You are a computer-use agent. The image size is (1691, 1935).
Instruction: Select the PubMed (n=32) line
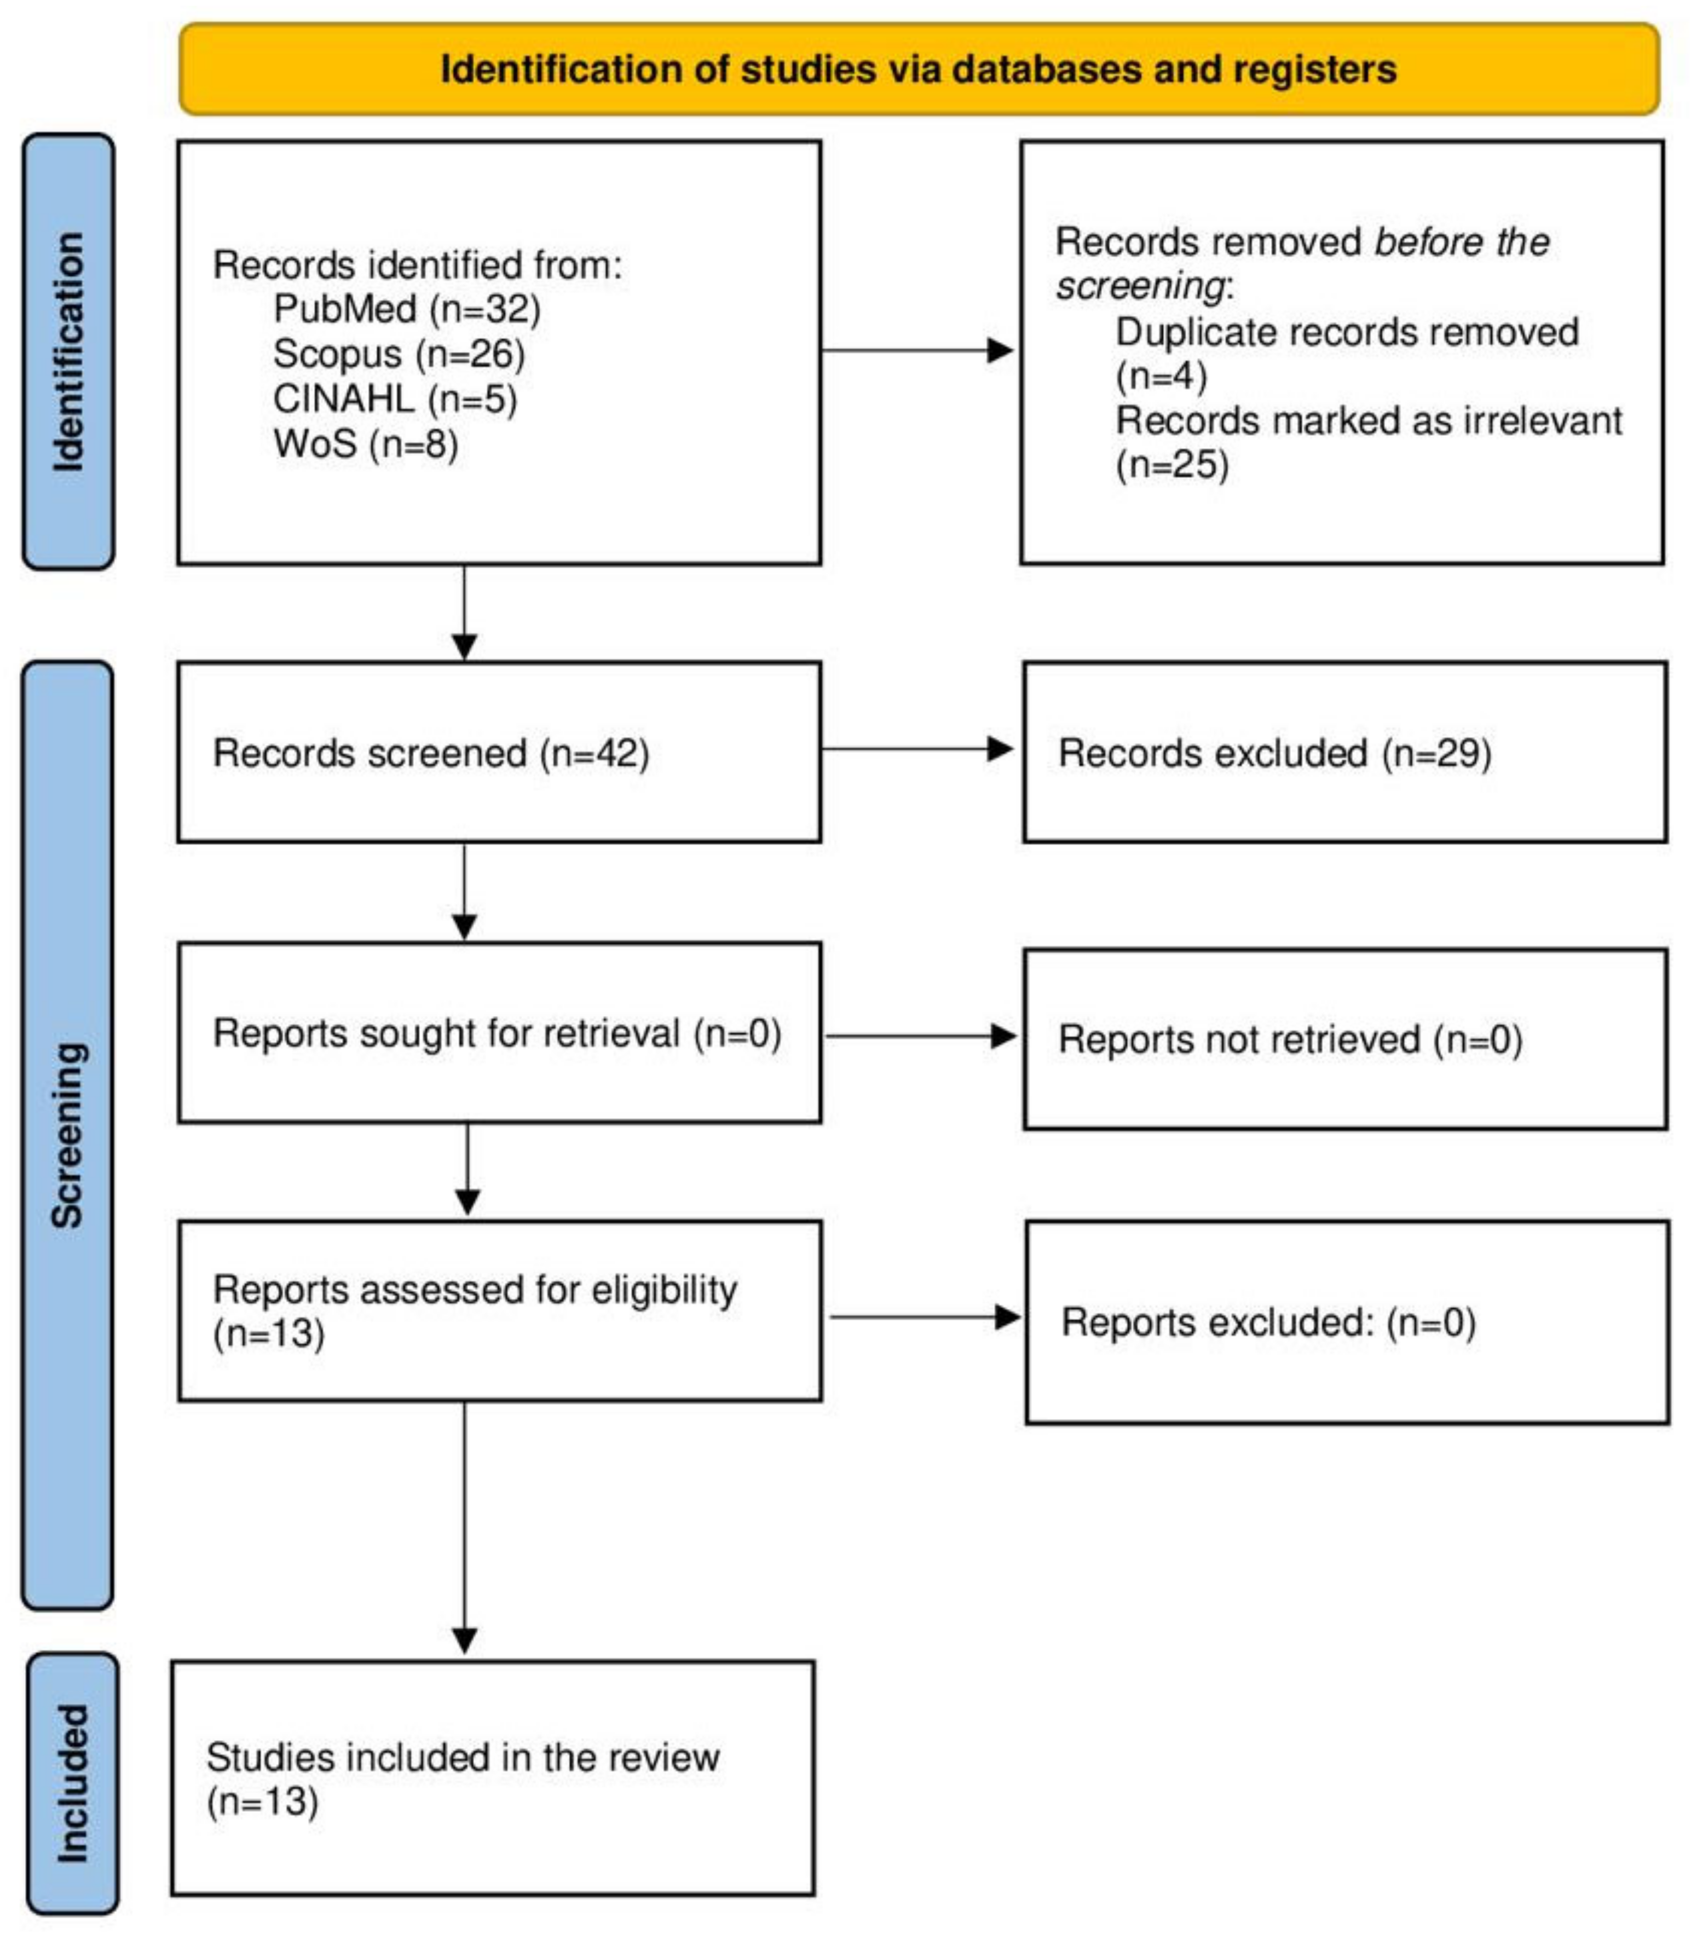tap(407, 309)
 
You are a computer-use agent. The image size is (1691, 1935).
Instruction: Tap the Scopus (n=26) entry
tap(398, 354)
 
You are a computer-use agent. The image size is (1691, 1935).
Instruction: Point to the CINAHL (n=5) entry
tap(395, 399)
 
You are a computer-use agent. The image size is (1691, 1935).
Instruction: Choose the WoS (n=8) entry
tap(365, 443)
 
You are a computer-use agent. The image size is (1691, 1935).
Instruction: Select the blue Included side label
tap(73, 1783)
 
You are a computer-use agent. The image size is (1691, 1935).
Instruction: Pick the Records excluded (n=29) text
tap(1274, 753)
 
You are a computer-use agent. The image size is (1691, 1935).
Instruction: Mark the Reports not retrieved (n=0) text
tap(1290, 1039)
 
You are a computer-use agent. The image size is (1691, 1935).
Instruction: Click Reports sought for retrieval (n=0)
tap(497, 1033)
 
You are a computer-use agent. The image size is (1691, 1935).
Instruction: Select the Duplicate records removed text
tap(1347, 332)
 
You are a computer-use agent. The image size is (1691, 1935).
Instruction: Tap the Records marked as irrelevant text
tap(1368, 421)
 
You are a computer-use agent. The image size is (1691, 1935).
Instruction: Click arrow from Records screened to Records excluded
tap(915, 749)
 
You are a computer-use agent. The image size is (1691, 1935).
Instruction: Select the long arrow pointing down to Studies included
tap(464, 1528)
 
